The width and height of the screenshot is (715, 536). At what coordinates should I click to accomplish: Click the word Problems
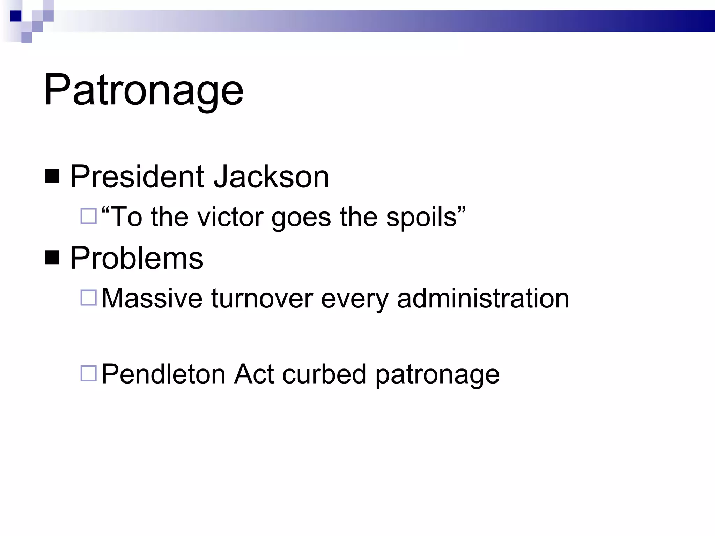pos(137,258)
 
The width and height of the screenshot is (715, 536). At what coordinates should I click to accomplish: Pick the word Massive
pos(152,298)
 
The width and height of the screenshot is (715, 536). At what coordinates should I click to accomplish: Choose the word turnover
pos(262,298)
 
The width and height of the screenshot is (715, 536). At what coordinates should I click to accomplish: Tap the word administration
pos(483,298)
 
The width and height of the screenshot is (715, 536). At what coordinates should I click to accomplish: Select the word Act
pos(254,374)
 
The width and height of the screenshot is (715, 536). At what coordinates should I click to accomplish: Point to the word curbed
pos(324,374)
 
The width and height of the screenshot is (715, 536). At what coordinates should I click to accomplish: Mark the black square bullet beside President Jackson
pos(52,176)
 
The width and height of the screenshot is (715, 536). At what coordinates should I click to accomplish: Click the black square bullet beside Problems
pos(52,258)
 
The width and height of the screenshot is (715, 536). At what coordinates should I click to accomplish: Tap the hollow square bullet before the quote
pos(88,216)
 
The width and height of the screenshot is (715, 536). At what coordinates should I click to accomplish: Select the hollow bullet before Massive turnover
pos(88,298)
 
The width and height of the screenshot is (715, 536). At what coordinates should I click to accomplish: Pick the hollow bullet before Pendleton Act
pos(88,373)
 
